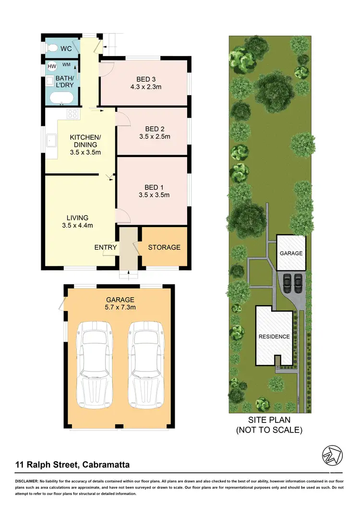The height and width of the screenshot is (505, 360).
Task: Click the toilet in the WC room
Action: click(51, 48)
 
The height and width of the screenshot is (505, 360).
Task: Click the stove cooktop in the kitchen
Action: click(72, 114)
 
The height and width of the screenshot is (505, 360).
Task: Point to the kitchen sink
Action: click(51, 141)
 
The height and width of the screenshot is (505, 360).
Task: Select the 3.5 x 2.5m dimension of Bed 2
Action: click(155, 136)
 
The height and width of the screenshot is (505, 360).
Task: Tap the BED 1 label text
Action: click(155, 187)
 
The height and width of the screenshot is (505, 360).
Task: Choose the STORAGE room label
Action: click(164, 247)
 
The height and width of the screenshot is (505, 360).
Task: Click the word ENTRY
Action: click(106, 247)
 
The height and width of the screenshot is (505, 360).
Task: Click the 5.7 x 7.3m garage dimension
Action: click(114, 307)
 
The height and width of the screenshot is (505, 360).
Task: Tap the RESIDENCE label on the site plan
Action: click(274, 337)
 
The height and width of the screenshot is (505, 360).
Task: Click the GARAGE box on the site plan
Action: click(291, 253)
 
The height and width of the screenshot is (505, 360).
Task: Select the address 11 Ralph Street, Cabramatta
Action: click(72, 464)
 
